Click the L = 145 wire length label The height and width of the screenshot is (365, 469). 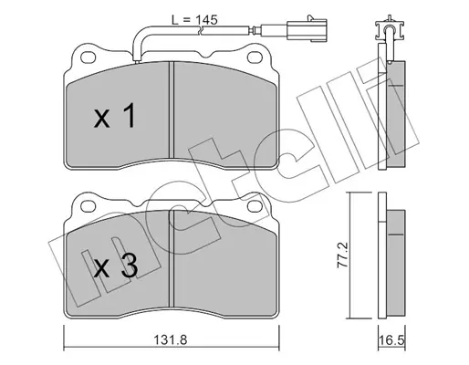point(194,20)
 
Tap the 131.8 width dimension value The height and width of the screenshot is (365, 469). point(170,339)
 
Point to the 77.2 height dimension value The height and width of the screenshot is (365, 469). point(343,255)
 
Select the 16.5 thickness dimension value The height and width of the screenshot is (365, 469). point(391,339)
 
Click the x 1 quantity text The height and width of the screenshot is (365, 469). point(114,116)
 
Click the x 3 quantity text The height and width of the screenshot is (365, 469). point(115,266)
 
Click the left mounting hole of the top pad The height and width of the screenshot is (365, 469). point(89,57)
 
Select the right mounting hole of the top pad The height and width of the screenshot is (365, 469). point(255,57)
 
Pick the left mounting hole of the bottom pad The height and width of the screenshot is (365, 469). point(89,206)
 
